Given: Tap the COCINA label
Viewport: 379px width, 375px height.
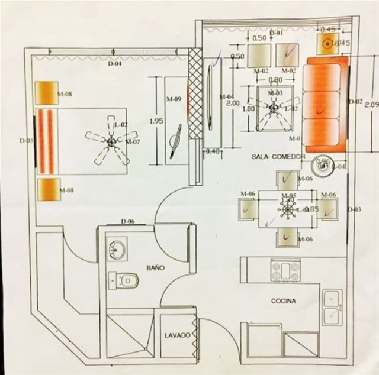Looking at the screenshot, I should click(x=283, y=301).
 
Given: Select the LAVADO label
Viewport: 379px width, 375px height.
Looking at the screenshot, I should click(x=177, y=335).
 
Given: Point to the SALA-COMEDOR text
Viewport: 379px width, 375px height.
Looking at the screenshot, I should click(x=279, y=157).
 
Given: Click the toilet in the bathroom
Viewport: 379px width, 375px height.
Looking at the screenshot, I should click(x=125, y=279).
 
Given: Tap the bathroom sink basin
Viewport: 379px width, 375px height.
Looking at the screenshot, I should click(x=117, y=249).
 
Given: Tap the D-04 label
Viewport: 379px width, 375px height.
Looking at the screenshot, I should click(x=114, y=64).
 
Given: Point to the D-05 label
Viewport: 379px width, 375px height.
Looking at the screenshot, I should click(x=25, y=141).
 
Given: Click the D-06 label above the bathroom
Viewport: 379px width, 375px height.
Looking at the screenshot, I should click(x=127, y=221).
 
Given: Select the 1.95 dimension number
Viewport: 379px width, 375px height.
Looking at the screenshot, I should click(x=156, y=121).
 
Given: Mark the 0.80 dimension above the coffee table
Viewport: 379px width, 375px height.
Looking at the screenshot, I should click(x=275, y=80).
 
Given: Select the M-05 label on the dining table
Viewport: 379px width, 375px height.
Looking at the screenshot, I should click(x=288, y=196).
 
